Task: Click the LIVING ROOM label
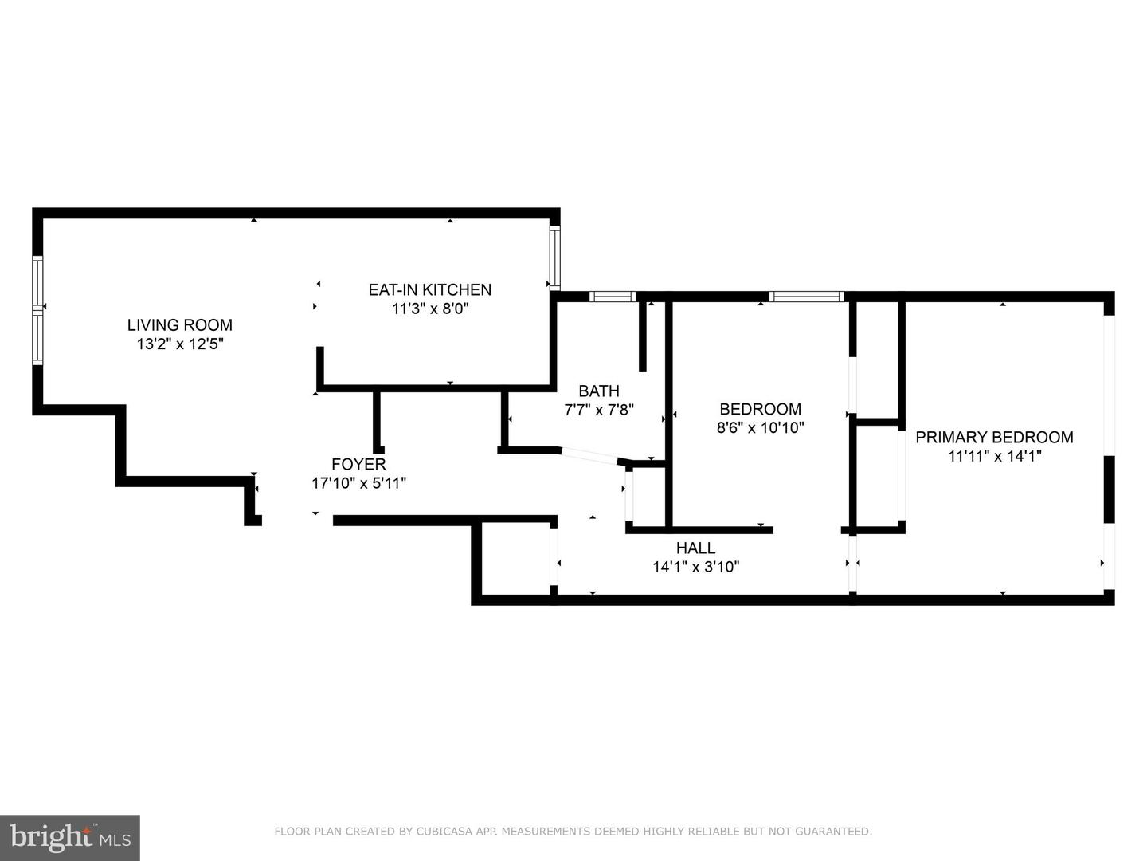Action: pos(180,325)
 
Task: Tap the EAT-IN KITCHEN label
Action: pos(429,290)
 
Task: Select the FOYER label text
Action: pos(358,464)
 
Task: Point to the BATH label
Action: pos(599,391)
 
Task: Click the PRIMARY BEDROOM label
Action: pos(994,437)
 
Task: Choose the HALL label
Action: pos(695,548)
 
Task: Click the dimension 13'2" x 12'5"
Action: pos(180,344)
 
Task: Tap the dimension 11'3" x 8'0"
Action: pos(430,309)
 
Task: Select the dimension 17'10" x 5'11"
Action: pos(358,483)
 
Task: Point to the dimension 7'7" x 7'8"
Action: pos(599,411)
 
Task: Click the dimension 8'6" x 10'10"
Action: pos(760,428)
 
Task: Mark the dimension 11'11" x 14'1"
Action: pos(995,456)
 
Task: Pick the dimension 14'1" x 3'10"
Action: pos(695,568)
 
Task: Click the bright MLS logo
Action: pos(70,837)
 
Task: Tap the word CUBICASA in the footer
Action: pos(446,832)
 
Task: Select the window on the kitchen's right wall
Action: pos(555,257)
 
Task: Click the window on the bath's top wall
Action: pos(613,297)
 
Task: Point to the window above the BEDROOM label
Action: pos(806,297)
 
